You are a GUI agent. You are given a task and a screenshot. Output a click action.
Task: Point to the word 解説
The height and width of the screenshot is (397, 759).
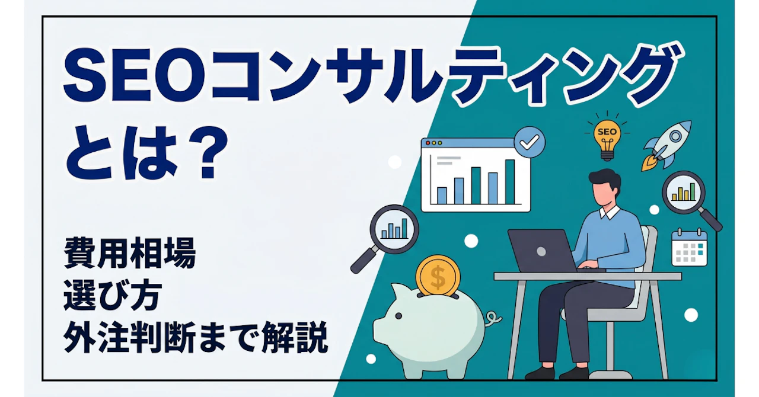[295, 337]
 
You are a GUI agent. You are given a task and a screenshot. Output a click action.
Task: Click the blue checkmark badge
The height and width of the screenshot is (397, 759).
[530, 142]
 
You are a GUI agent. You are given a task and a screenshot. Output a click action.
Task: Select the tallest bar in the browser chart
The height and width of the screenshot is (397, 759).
[509, 181]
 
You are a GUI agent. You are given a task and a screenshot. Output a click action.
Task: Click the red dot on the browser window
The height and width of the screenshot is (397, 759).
[428, 143]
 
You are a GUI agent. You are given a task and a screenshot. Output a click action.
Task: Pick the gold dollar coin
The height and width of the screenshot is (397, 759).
[438, 277]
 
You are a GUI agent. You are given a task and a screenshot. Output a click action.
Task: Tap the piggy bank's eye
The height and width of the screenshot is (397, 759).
[399, 316]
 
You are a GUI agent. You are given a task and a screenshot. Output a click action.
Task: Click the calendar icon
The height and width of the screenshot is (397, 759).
[689, 247]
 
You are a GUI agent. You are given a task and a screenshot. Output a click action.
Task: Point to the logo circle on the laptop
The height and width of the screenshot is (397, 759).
[541, 251]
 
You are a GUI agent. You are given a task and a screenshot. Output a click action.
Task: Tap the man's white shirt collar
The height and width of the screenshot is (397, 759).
[609, 212]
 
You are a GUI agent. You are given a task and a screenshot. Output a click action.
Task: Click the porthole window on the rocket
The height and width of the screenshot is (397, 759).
[675, 136]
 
